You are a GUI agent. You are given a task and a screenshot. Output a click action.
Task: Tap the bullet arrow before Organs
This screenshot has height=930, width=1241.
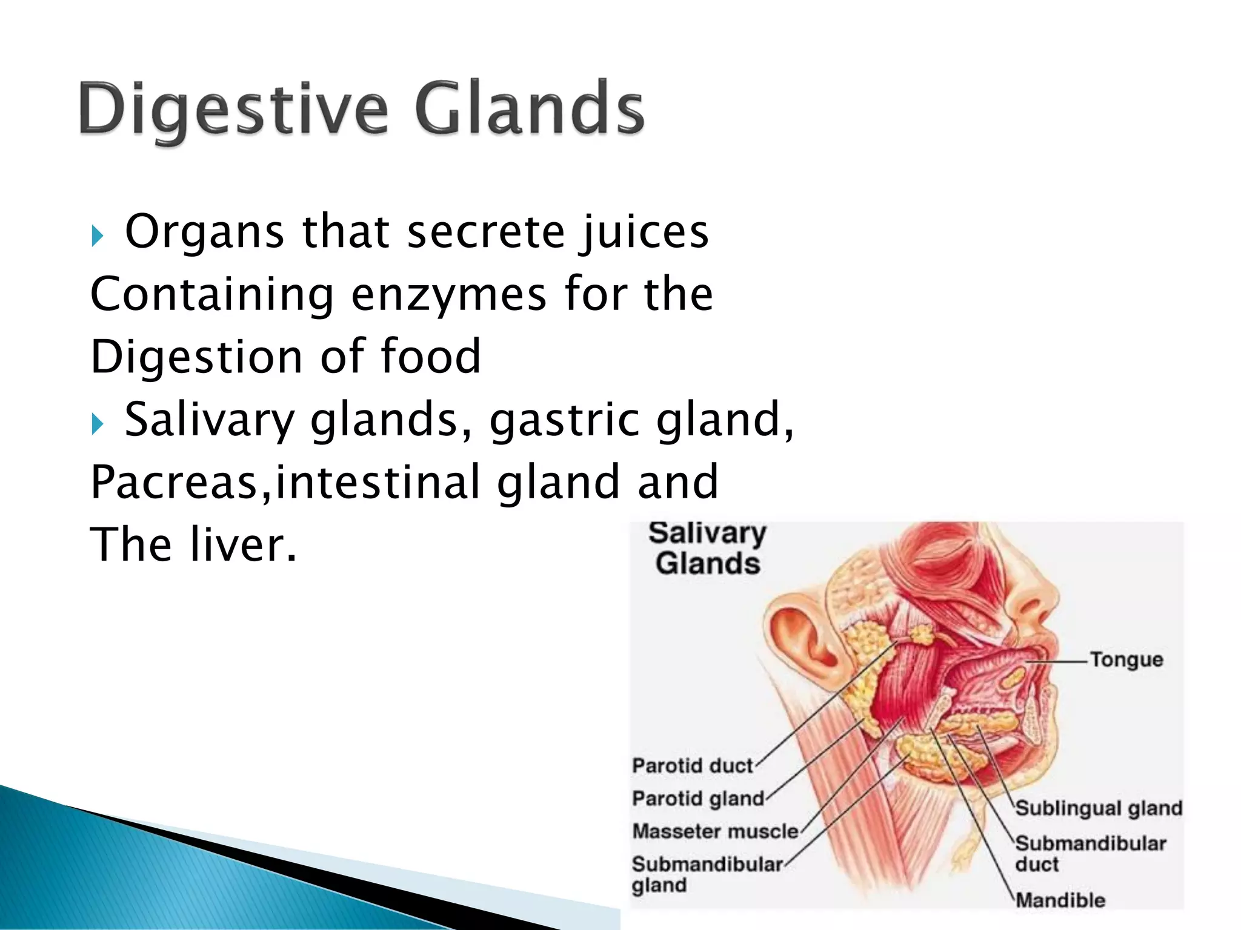click(98, 236)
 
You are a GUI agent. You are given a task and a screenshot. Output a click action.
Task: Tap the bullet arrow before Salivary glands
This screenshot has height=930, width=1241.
click(98, 424)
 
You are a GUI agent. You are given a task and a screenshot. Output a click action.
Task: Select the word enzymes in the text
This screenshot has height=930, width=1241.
click(448, 295)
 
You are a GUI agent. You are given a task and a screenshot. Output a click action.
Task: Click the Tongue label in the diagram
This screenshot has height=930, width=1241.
click(1126, 659)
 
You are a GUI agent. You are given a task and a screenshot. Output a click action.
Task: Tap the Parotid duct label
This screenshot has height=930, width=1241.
click(692, 766)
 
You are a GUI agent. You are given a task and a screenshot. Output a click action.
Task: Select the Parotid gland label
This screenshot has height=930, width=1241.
click(697, 799)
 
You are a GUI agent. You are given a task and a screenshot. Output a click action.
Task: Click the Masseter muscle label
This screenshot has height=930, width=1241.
click(715, 831)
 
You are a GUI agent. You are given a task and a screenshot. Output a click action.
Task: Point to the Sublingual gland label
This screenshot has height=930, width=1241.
click(1098, 808)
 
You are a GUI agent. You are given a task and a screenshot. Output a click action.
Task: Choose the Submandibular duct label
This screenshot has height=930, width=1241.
click(1090, 853)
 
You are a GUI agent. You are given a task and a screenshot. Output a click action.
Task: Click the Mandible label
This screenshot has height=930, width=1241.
click(1060, 900)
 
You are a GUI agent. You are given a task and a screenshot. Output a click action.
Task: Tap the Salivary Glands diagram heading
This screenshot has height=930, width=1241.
click(707, 549)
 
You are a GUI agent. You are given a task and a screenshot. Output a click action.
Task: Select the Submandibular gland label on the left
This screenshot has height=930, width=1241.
click(706, 874)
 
